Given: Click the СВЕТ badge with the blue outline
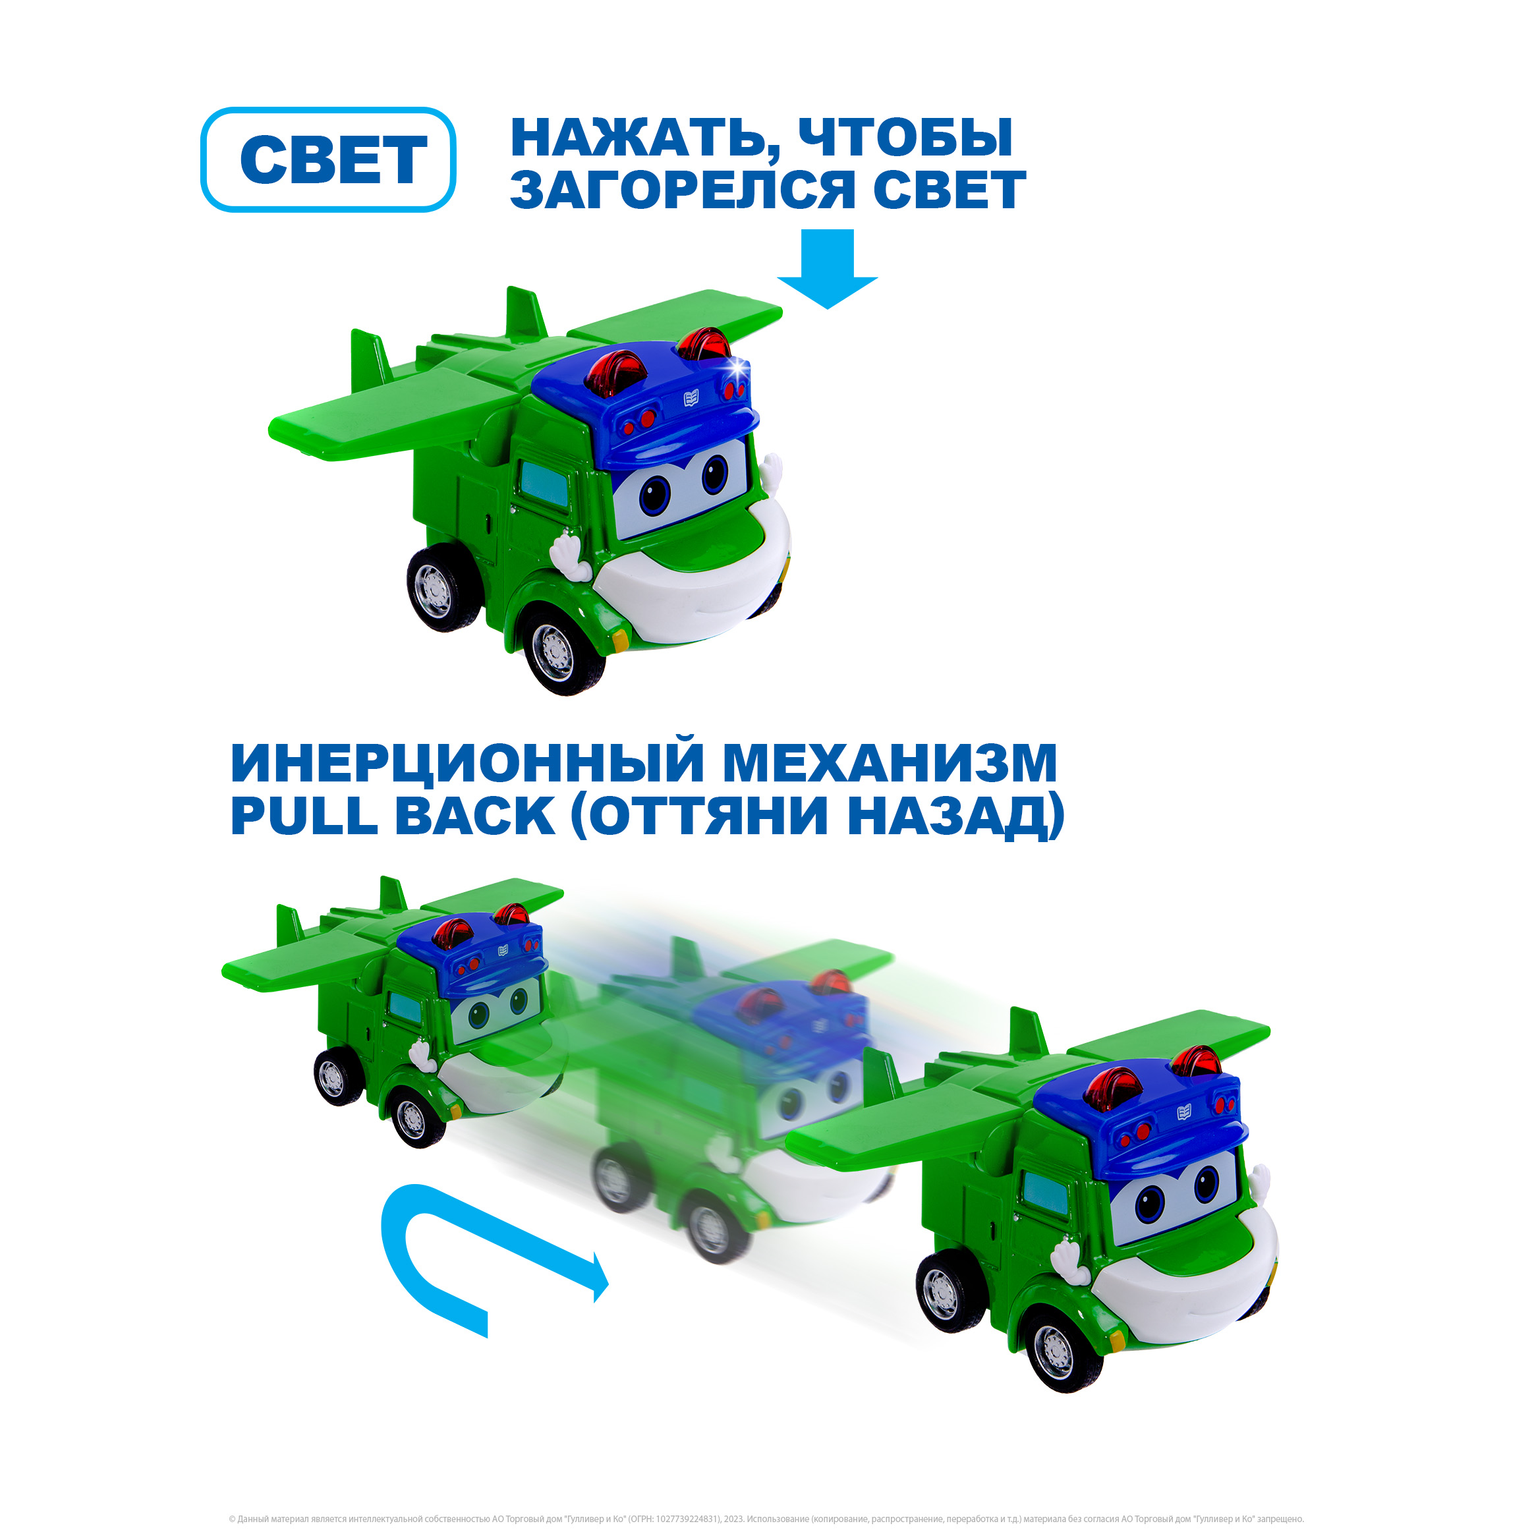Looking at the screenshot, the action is point(328,159).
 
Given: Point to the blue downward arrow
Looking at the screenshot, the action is point(827,269).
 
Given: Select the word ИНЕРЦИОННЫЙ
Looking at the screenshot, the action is point(467,763).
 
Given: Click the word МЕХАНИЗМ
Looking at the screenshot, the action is point(890,763).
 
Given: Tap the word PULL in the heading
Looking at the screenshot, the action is point(304,815).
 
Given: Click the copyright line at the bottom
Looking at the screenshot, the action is point(766,1519).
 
